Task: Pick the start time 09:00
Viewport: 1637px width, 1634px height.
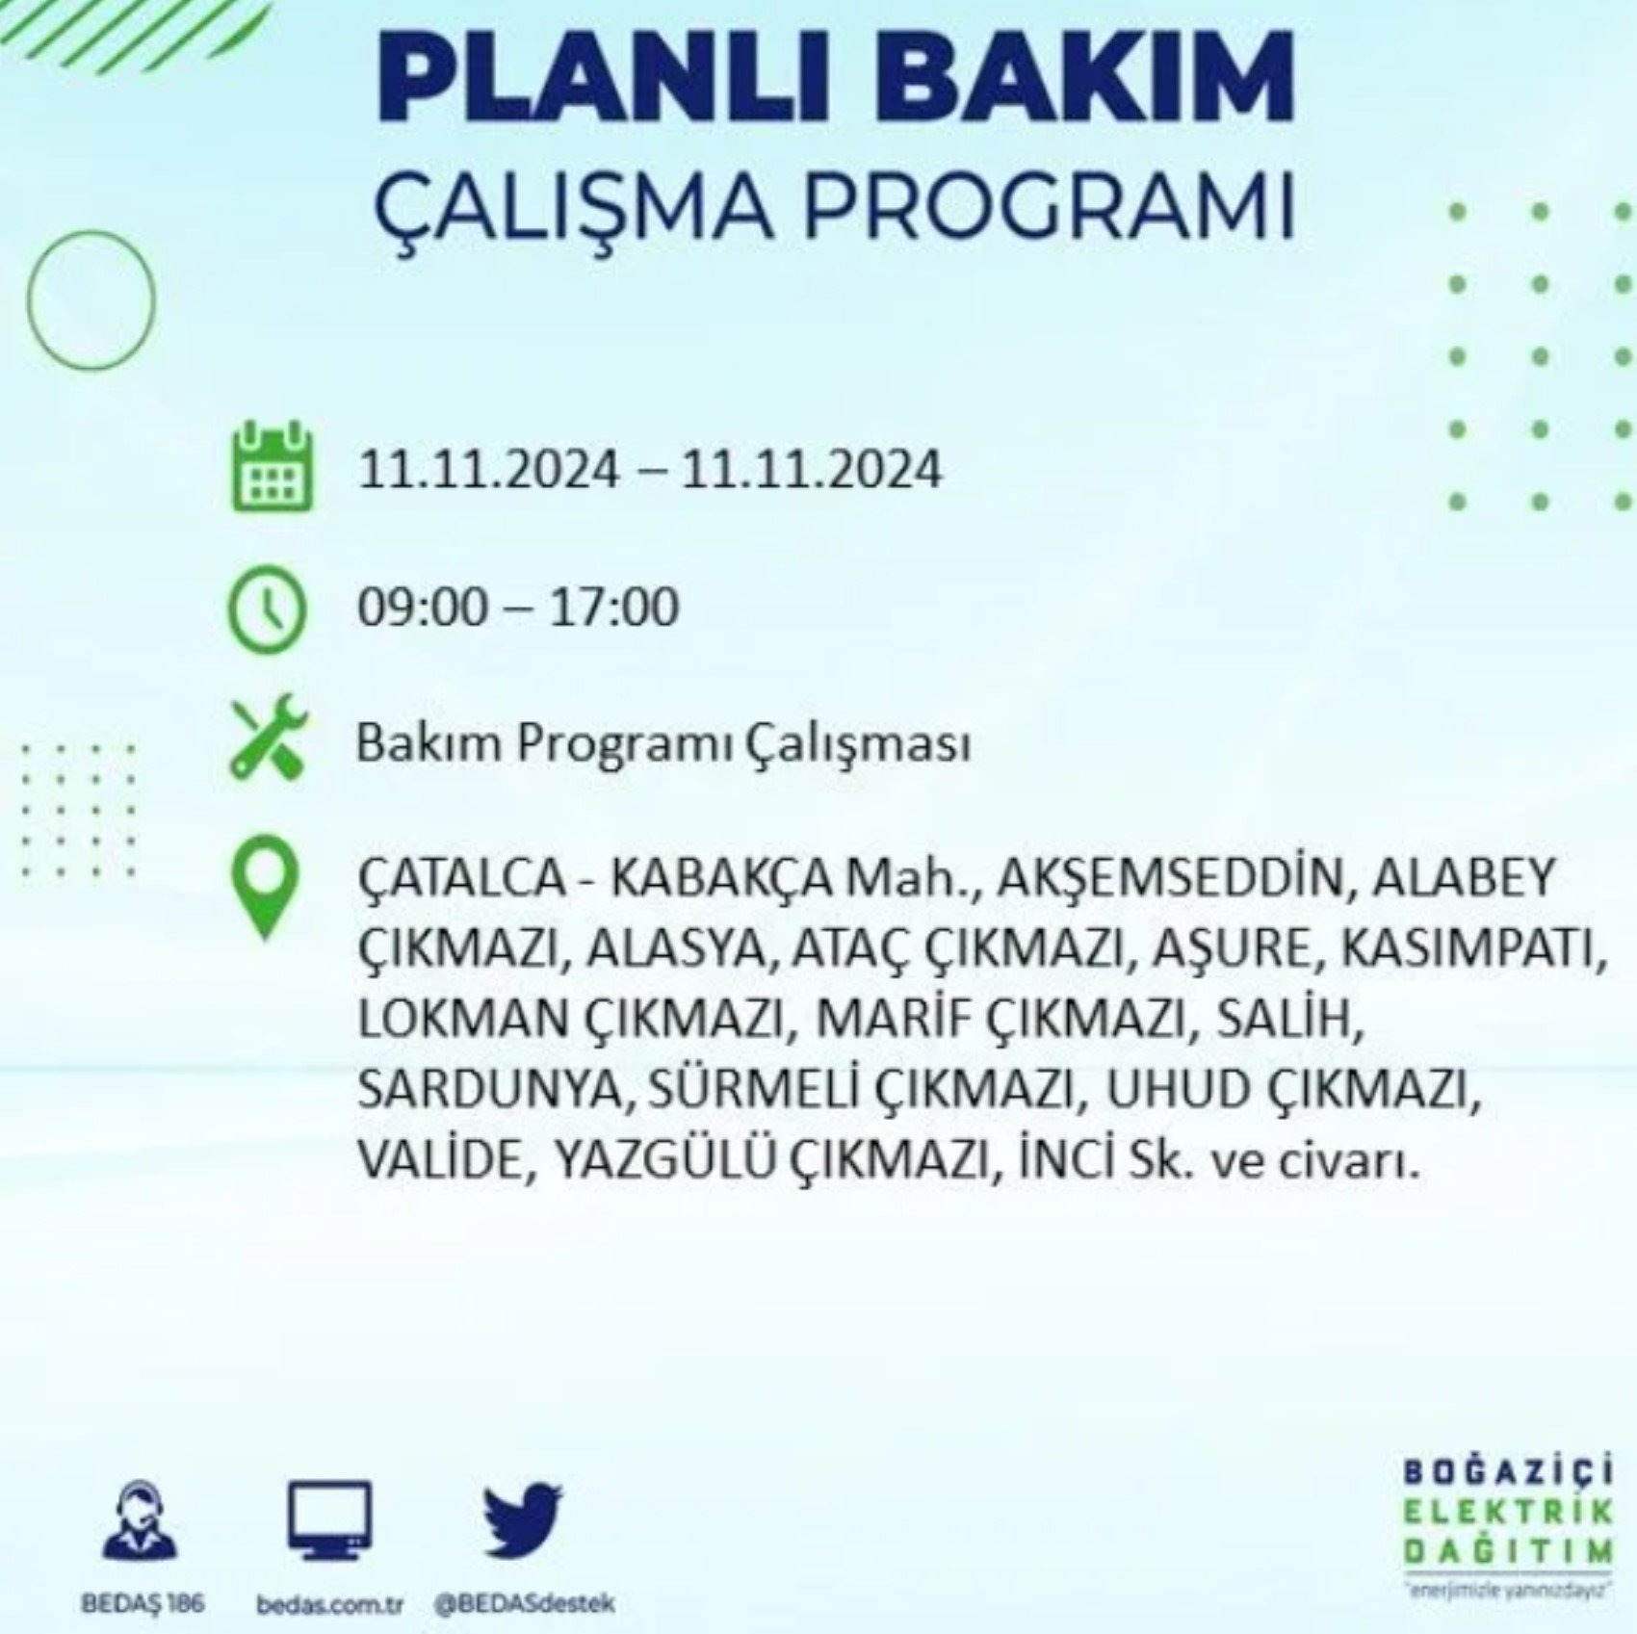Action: point(423,608)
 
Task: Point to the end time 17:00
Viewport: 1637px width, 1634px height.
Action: point(613,608)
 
